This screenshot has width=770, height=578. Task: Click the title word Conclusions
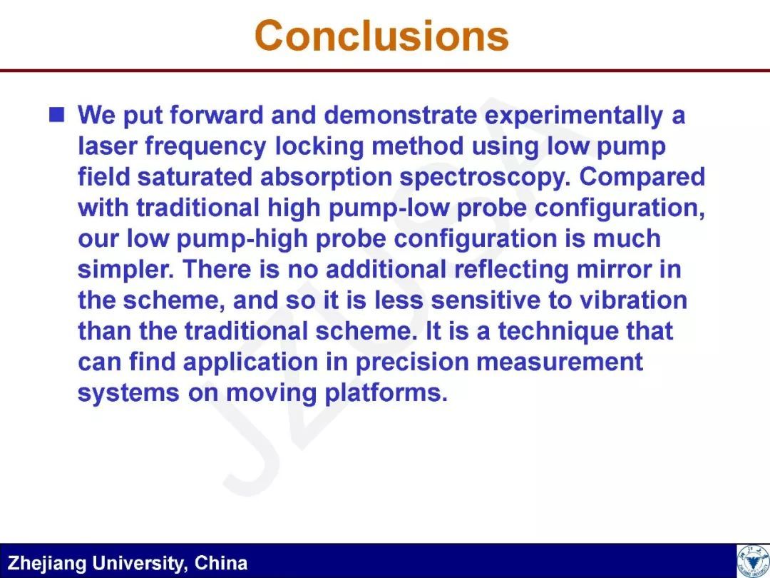(x=381, y=36)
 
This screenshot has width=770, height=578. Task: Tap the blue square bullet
(x=57, y=114)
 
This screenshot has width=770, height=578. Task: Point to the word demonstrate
(x=400, y=116)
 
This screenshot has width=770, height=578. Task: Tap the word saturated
(x=195, y=177)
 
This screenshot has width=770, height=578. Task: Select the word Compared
(x=642, y=178)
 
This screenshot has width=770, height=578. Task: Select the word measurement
(x=560, y=362)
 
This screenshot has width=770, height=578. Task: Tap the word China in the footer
(x=221, y=563)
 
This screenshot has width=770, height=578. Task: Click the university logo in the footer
(x=754, y=561)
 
